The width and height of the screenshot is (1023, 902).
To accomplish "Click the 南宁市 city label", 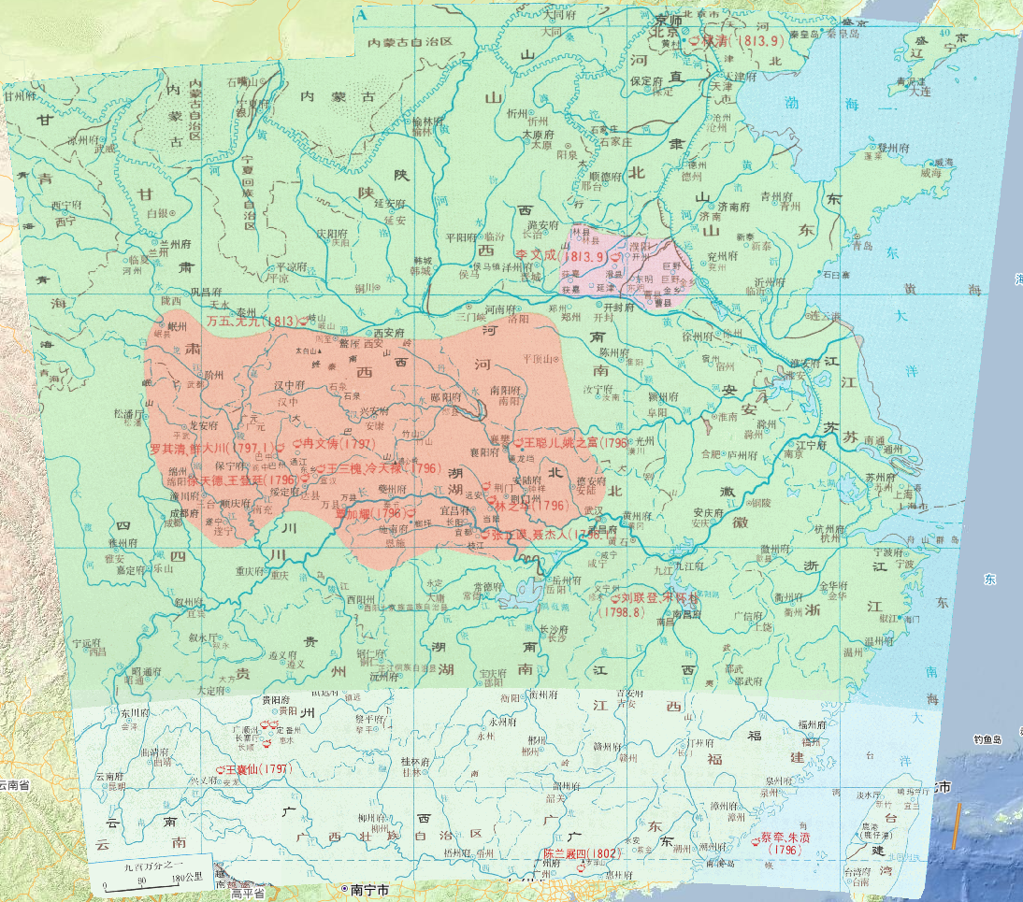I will click(369, 888).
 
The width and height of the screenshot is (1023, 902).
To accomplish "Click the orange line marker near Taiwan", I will click(956, 827).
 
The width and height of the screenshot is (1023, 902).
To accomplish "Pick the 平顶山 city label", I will click(540, 358).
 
